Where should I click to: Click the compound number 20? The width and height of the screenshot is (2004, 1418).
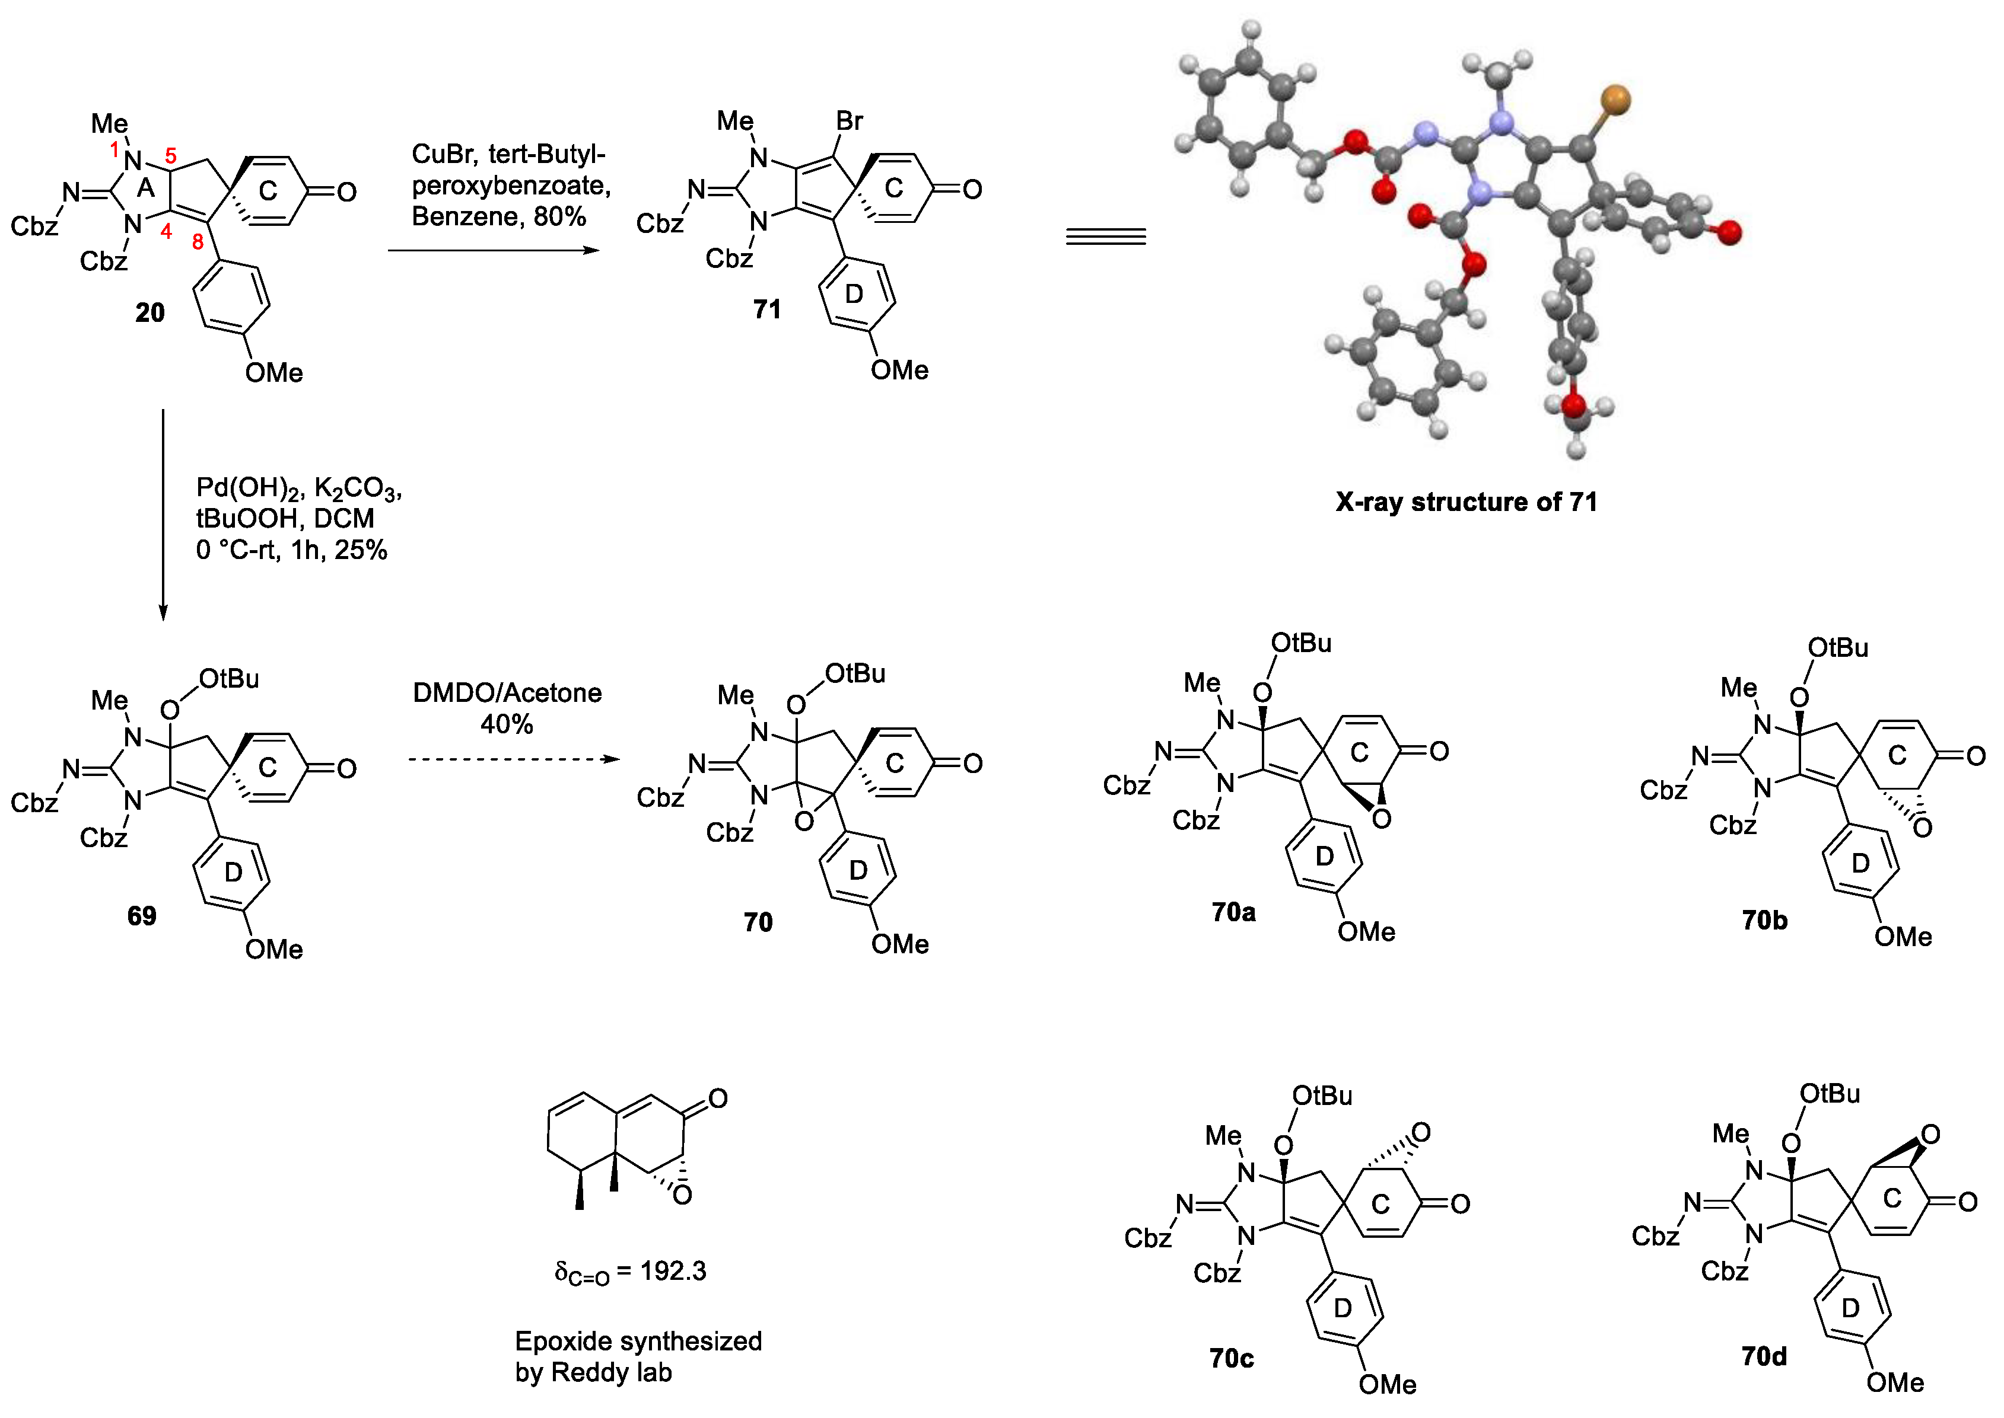coord(149,312)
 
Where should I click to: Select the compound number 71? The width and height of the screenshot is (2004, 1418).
coord(767,309)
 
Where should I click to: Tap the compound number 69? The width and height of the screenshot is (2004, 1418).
coord(142,916)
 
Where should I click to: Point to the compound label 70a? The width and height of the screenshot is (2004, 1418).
coord(1233,912)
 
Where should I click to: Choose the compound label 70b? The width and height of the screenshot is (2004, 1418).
coord(1765,920)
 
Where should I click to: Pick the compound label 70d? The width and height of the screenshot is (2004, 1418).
coord(1764,1356)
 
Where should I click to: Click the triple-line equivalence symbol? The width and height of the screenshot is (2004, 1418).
coord(1105,237)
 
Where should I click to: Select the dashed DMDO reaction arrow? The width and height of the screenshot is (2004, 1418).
coord(514,759)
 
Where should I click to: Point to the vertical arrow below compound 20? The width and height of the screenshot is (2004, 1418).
coord(163,515)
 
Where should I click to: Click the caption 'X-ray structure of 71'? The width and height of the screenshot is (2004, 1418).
coord(1466,502)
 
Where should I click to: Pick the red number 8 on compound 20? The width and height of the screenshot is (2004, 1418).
coord(198,242)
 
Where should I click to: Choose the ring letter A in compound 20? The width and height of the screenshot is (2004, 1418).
coord(146,188)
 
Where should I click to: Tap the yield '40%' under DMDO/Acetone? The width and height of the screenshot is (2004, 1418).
coord(507,724)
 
